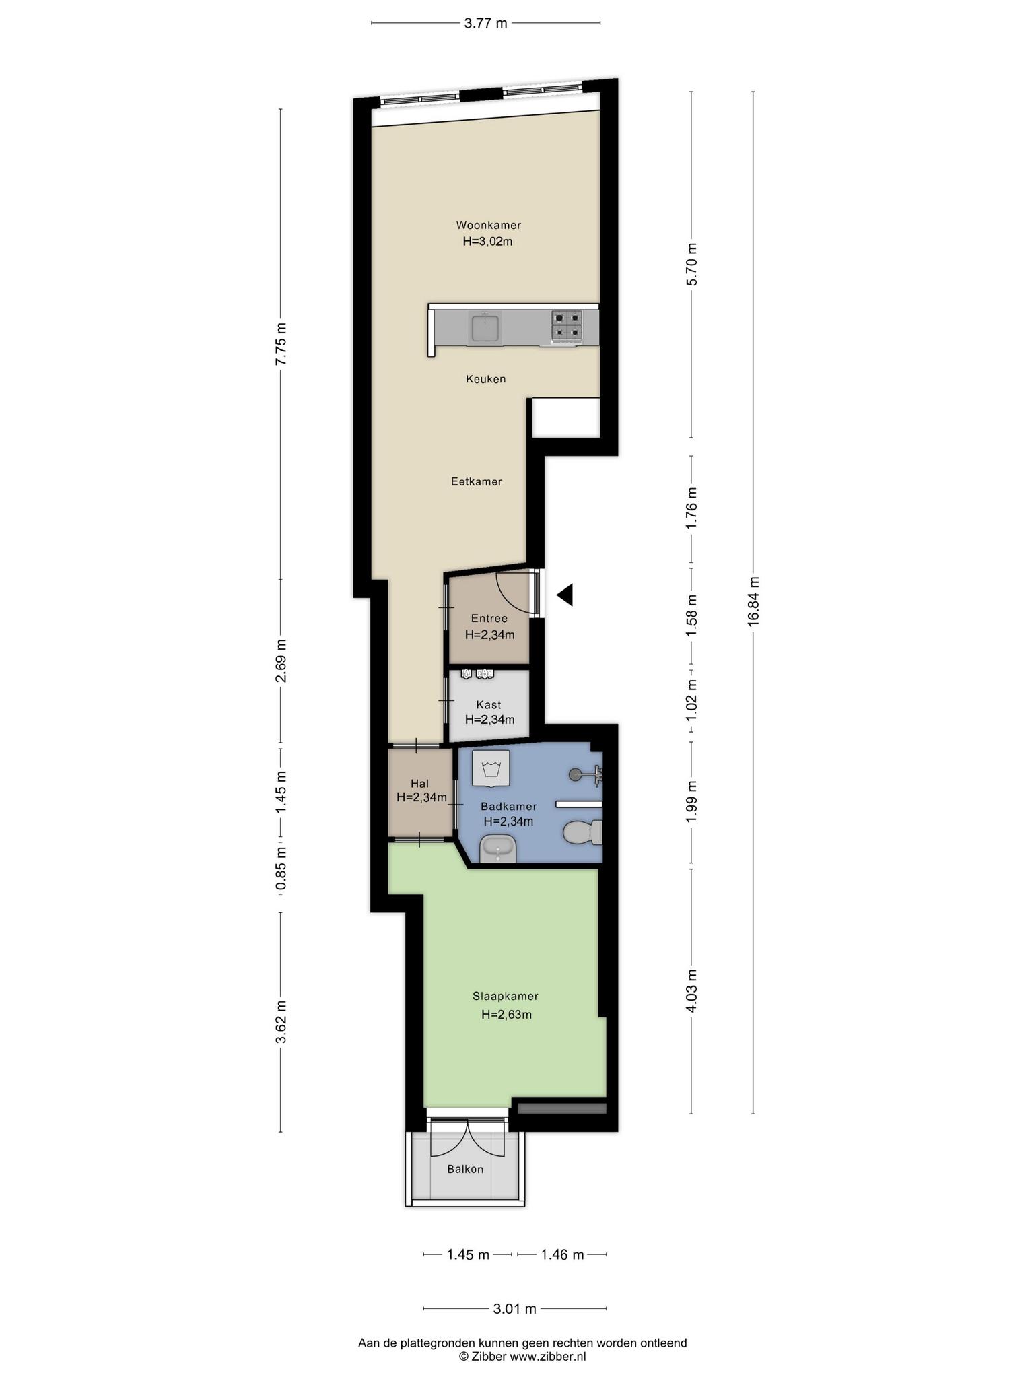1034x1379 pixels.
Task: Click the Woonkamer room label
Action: pos(488,225)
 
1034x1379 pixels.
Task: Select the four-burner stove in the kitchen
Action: pos(567,327)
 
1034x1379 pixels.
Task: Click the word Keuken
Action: pos(485,379)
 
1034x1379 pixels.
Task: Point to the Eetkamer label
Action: pos(477,481)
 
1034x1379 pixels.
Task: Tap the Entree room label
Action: pos(489,618)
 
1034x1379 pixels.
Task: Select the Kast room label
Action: pos(489,705)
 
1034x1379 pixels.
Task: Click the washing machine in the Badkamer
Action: pos(490,768)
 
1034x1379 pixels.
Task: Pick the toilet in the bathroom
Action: pos(582,832)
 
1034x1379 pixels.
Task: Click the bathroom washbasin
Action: pos(497,848)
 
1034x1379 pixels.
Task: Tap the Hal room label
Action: pos(420,783)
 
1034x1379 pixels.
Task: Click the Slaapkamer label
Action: pos(506,996)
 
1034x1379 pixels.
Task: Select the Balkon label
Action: pos(465,1169)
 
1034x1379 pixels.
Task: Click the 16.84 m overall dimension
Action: pos(753,601)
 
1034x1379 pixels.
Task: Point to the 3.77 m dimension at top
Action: pos(486,24)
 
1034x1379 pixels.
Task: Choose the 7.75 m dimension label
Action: pos(281,343)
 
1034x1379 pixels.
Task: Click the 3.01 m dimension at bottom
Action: pos(515,1309)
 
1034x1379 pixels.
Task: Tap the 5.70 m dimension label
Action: pos(692,264)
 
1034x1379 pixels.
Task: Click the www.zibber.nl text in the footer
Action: pos(547,1357)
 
